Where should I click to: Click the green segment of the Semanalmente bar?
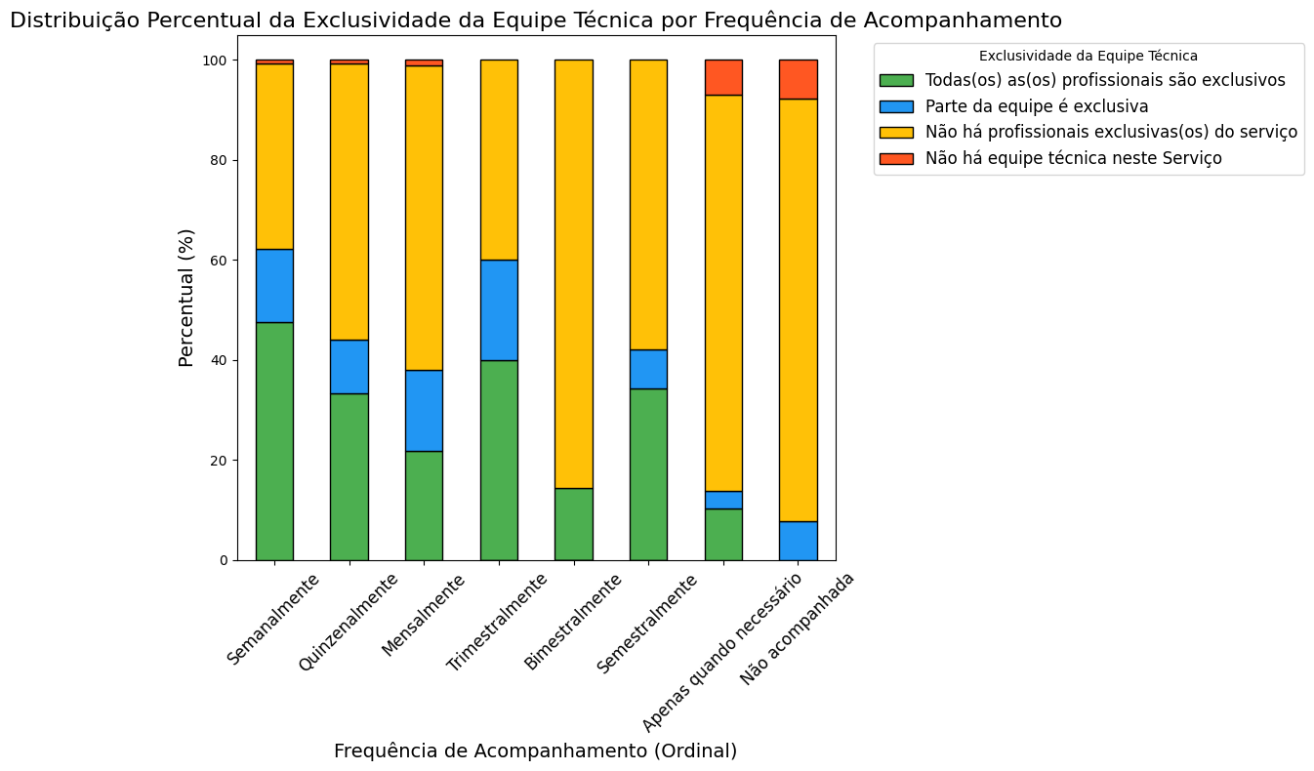tap(274, 441)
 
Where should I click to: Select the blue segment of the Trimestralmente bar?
tap(499, 310)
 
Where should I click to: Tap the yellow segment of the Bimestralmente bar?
tap(573, 274)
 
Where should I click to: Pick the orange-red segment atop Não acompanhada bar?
tap(798, 79)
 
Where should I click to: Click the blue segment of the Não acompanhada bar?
tap(798, 541)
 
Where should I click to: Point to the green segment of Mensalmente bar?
tap(424, 506)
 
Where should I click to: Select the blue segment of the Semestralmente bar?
tap(648, 369)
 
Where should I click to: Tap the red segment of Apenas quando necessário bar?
tap(723, 77)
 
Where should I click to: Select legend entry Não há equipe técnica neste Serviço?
tap(1073, 158)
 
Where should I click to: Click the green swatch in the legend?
tap(896, 80)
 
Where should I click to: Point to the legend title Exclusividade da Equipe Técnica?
tap(1088, 57)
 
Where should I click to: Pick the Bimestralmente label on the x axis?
tap(573, 622)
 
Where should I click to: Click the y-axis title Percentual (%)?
tap(186, 298)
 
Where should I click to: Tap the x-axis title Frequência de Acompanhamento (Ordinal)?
tap(535, 751)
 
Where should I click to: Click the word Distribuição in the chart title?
tap(71, 20)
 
